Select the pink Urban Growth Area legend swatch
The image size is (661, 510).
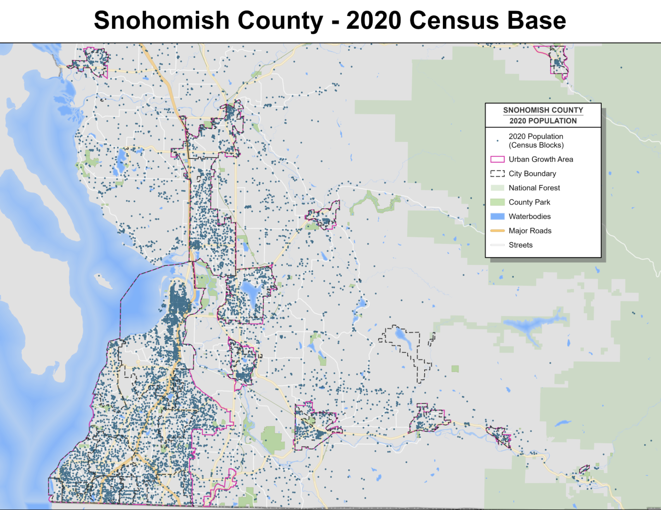[x=497, y=159]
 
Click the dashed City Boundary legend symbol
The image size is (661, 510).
[x=497, y=174]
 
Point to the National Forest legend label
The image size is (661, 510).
[x=534, y=188]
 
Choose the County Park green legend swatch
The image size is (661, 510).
[x=497, y=202]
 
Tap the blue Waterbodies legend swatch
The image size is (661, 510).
[x=497, y=217]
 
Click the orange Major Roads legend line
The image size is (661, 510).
[x=497, y=231]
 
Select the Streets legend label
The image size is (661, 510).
[x=520, y=245]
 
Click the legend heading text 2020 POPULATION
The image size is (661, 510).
[x=543, y=121]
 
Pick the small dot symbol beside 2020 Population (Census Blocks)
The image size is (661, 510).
[x=497, y=141]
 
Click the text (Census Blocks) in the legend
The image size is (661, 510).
[x=536, y=145]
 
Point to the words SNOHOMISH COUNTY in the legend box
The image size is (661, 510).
[x=543, y=110]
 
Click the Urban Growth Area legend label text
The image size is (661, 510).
[x=541, y=159]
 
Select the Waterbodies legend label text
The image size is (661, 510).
[x=529, y=217]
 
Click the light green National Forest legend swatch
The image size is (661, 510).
[x=497, y=188]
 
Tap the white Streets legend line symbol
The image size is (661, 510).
[x=497, y=245]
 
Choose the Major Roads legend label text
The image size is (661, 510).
[x=530, y=231]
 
